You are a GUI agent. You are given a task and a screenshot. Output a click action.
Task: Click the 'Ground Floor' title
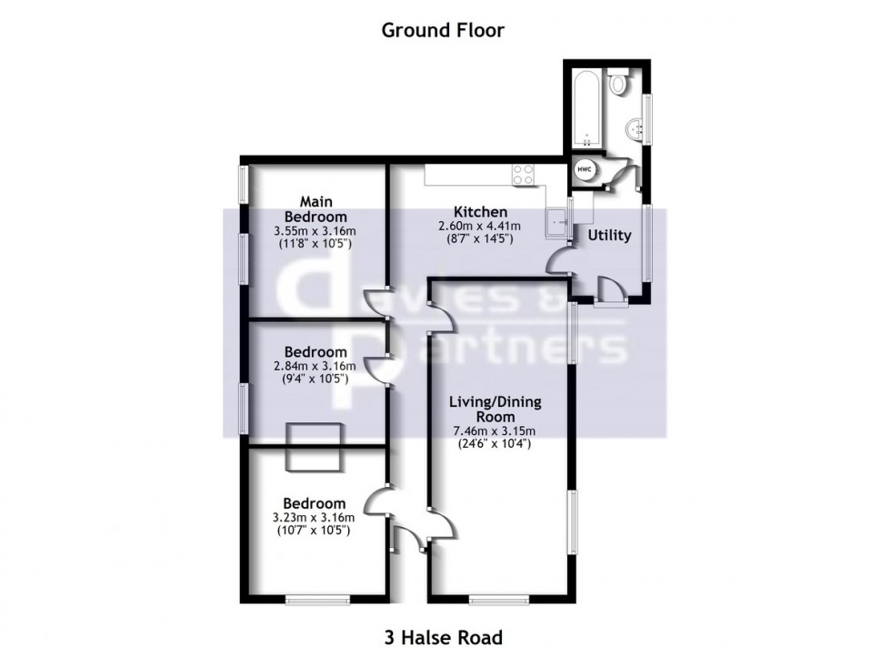[x=442, y=30]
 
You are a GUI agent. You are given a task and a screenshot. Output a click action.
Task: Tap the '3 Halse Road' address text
[x=442, y=637]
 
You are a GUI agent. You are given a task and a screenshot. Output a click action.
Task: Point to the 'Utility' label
[x=608, y=235]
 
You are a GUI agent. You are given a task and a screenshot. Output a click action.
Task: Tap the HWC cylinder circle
[x=582, y=169]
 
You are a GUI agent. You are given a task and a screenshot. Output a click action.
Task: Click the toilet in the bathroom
[x=619, y=85]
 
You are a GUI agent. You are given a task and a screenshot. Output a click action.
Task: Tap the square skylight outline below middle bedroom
[x=313, y=447]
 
